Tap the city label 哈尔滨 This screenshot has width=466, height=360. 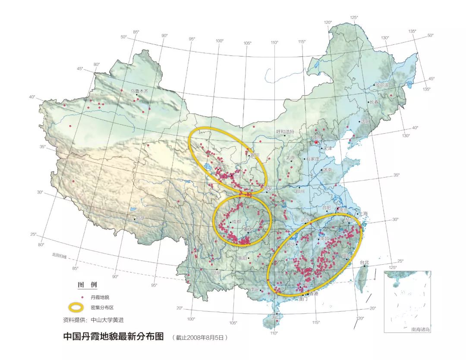point(382,86)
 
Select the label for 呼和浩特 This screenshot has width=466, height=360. point(285,131)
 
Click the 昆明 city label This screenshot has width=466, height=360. point(215,273)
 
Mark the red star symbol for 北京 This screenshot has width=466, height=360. point(316,142)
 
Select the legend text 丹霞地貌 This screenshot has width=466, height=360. point(100,297)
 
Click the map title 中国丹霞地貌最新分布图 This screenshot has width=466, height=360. point(113,336)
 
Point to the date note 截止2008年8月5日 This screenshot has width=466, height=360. point(199,338)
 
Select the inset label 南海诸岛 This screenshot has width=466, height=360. point(420,329)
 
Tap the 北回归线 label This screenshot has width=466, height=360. point(60,257)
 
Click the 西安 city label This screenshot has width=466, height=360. point(268,188)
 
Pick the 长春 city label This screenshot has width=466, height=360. point(373,102)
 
